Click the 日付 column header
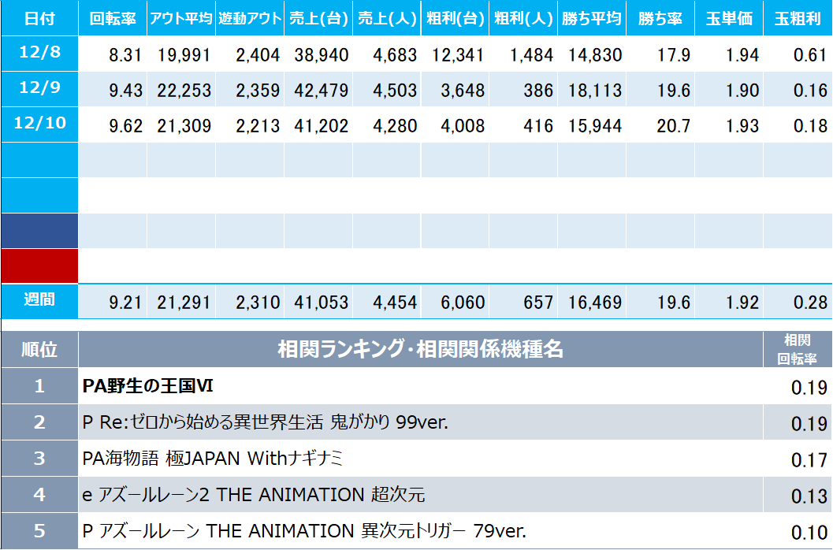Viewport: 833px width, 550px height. tap(39, 18)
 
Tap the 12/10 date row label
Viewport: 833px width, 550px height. tap(39, 124)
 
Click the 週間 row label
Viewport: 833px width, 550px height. tap(39, 299)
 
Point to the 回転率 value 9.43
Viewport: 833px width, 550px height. tap(126, 91)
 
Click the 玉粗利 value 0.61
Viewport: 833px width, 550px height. tap(811, 55)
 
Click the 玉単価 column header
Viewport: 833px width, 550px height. tap(729, 18)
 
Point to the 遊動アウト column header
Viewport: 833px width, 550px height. tap(249, 18)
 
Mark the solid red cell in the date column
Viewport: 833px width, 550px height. tap(39, 266)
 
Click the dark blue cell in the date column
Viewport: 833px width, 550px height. tap(39, 230)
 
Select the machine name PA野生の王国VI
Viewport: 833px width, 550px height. tap(148, 386)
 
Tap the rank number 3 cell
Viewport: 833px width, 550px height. tap(39, 459)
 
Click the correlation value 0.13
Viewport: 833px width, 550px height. tap(809, 496)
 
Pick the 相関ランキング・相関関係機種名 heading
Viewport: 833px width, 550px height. tap(421, 349)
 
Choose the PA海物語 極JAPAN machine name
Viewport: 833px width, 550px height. tap(213, 459)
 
